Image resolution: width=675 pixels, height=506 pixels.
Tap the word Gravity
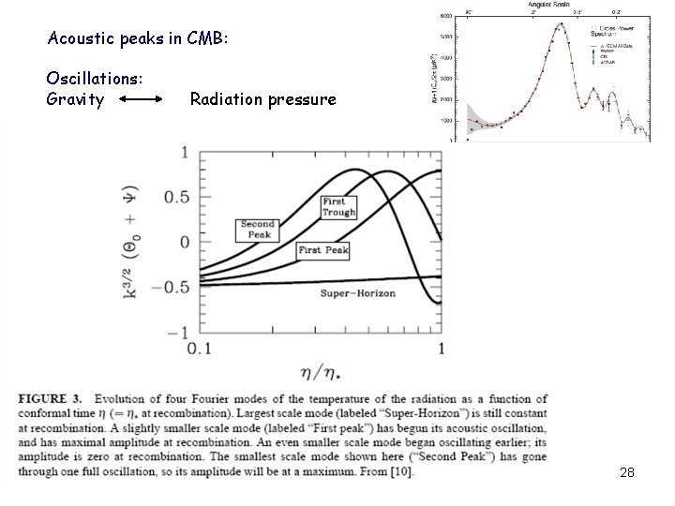pos(75,98)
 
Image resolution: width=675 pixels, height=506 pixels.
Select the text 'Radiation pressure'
pos(262,98)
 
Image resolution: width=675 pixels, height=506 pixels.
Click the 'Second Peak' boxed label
pos(257,230)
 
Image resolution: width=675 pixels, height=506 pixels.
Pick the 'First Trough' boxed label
pos(337,207)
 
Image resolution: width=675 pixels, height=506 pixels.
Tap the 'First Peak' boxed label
pos(323,250)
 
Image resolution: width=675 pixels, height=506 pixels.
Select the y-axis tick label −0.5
pos(172,286)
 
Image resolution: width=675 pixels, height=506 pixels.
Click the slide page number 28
pos(627,473)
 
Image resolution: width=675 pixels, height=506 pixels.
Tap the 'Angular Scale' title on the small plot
pos(547,5)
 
